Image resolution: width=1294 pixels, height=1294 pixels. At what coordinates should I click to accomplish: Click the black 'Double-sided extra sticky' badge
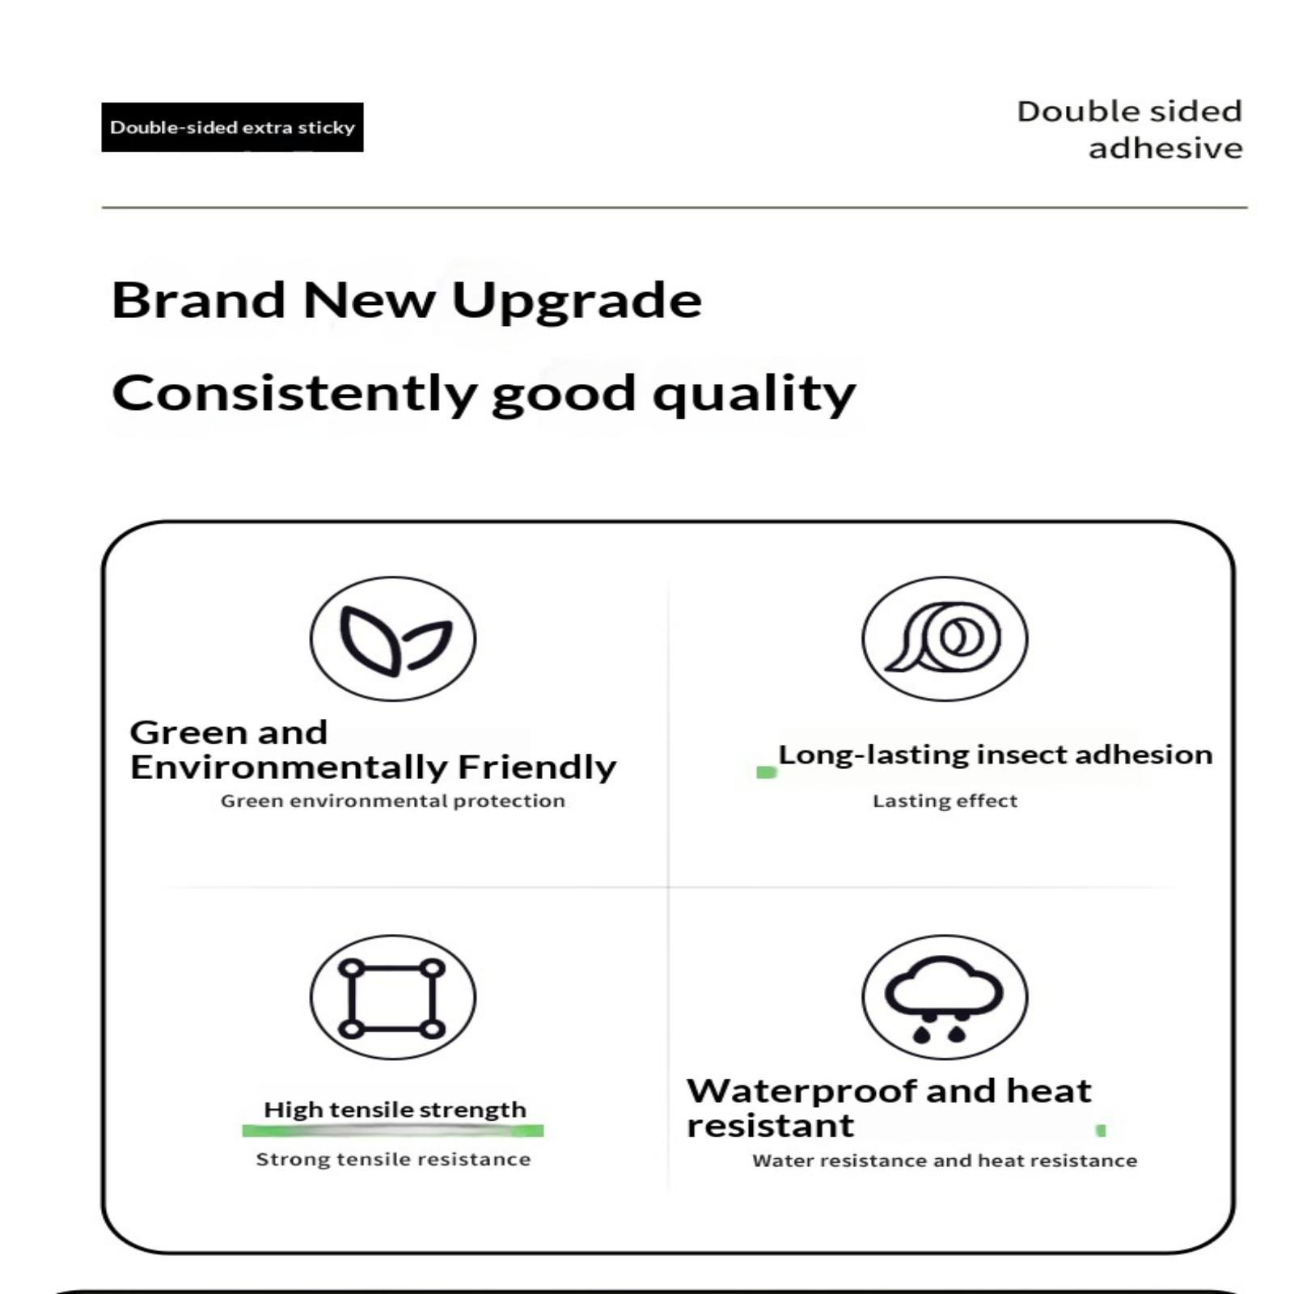[232, 127]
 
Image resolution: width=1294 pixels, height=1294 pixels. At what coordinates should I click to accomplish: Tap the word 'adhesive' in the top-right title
[1165, 148]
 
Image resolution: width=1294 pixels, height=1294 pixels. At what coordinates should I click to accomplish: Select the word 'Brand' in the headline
[199, 300]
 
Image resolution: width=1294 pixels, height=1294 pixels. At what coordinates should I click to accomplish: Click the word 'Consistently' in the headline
[294, 394]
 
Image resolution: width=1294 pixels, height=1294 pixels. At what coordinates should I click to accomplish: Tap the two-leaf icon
[393, 639]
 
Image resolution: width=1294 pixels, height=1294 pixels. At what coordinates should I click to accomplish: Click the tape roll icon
[945, 639]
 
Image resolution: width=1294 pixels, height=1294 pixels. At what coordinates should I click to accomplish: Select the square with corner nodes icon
[393, 997]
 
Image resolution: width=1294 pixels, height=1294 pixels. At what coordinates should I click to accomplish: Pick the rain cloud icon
[945, 997]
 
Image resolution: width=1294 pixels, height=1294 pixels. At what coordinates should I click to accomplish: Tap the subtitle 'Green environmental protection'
[393, 801]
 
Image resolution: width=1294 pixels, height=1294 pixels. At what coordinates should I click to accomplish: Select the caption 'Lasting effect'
[945, 801]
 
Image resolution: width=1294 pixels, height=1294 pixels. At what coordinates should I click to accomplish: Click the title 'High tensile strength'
[395, 1110]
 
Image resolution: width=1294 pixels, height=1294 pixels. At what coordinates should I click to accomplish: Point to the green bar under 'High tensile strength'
[393, 1131]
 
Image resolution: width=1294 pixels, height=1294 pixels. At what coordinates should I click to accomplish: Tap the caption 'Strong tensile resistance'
[393, 1160]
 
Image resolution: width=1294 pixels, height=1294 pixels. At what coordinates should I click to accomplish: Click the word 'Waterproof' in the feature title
[801, 1092]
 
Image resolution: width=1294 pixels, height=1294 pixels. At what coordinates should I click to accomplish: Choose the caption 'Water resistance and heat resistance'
[945, 1161]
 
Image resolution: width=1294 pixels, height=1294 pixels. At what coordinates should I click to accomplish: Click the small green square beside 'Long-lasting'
[766, 772]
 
